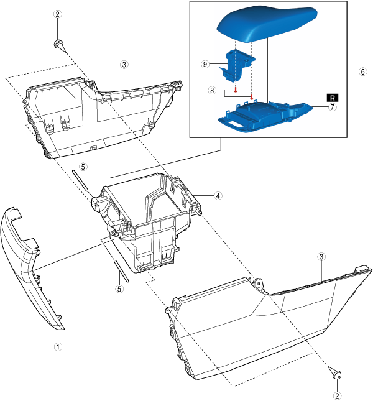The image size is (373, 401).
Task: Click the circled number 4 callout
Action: click(218, 195)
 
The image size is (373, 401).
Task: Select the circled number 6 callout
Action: click(362, 71)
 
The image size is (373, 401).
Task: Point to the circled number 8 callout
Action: click(212, 90)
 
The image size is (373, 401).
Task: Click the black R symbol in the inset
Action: click(333, 98)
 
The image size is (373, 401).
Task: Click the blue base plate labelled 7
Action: click(267, 114)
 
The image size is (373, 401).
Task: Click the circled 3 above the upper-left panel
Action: click(124, 64)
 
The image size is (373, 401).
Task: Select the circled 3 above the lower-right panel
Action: click(321, 256)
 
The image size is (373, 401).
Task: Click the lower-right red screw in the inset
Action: click(252, 97)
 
